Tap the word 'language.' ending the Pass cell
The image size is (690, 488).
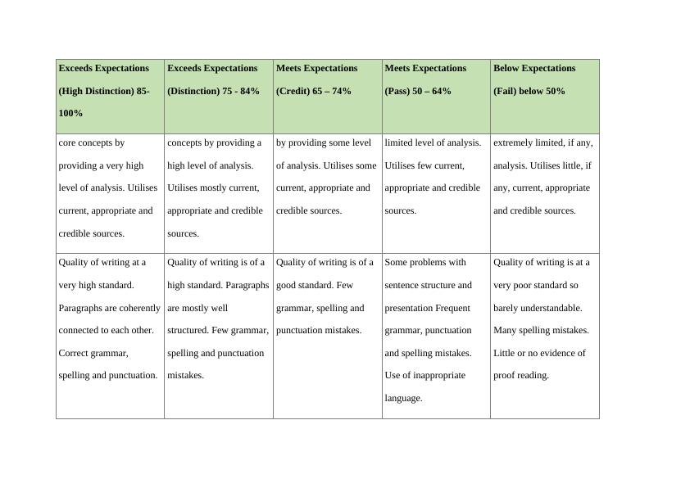tap(403, 398)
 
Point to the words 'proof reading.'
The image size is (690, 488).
tap(521, 375)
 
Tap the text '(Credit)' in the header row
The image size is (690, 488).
tap(293, 91)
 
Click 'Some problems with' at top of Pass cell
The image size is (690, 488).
tap(425, 262)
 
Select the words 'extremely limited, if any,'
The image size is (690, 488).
tap(543, 142)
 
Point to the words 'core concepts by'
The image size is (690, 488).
tap(92, 142)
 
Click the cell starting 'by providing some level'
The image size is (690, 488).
tap(327, 176)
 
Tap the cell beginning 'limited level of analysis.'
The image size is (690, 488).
tap(436, 176)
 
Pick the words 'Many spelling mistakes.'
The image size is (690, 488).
tap(541, 330)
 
